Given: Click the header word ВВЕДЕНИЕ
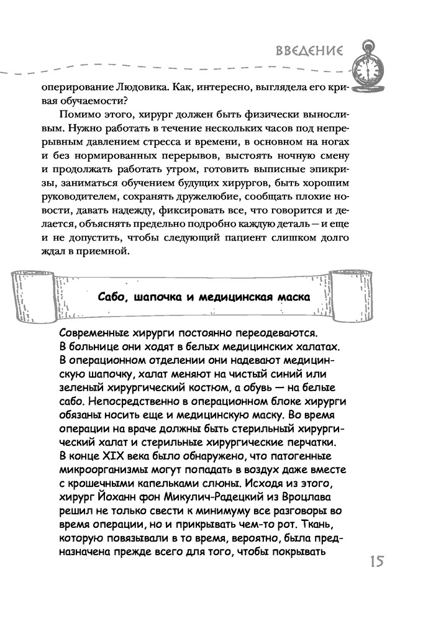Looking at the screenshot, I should point(308,51).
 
